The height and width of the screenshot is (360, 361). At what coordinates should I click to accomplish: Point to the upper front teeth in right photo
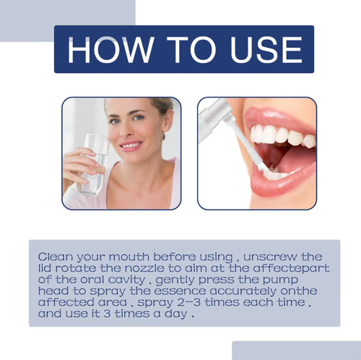tap(278, 134)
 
